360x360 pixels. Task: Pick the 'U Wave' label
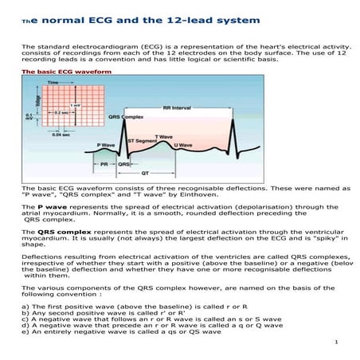click(x=184, y=144)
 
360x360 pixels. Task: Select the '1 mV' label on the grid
click(x=75, y=104)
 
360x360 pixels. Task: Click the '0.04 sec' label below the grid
click(x=61, y=133)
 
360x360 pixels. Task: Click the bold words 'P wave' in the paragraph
click(x=47, y=206)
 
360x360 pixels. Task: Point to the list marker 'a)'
click(x=26, y=306)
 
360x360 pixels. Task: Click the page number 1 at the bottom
click(x=338, y=343)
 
